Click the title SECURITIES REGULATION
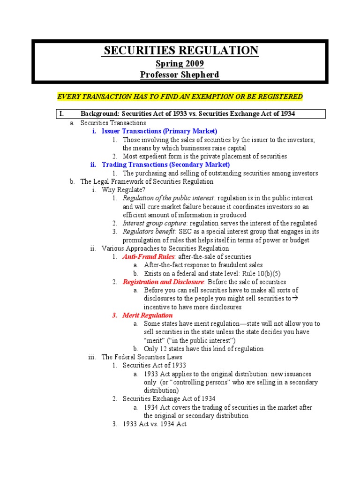point(180,51)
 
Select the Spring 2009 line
point(180,63)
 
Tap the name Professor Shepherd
point(180,75)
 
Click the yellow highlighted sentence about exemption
point(180,97)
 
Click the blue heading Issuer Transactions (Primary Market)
point(159,131)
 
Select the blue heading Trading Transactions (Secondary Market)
point(165,165)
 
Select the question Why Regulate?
point(123,190)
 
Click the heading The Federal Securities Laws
point(142,357)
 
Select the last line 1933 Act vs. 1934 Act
point(154,424)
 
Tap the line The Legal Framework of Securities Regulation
point(147,181)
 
